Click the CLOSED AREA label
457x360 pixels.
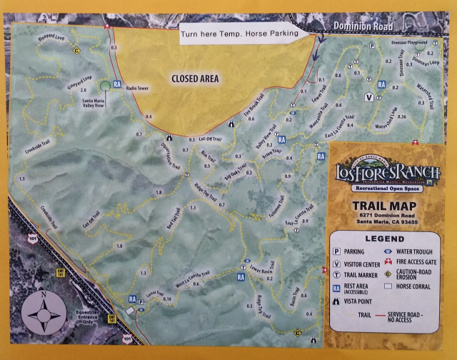(x=194, y=79)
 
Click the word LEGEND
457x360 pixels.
(x=385, y=238)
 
